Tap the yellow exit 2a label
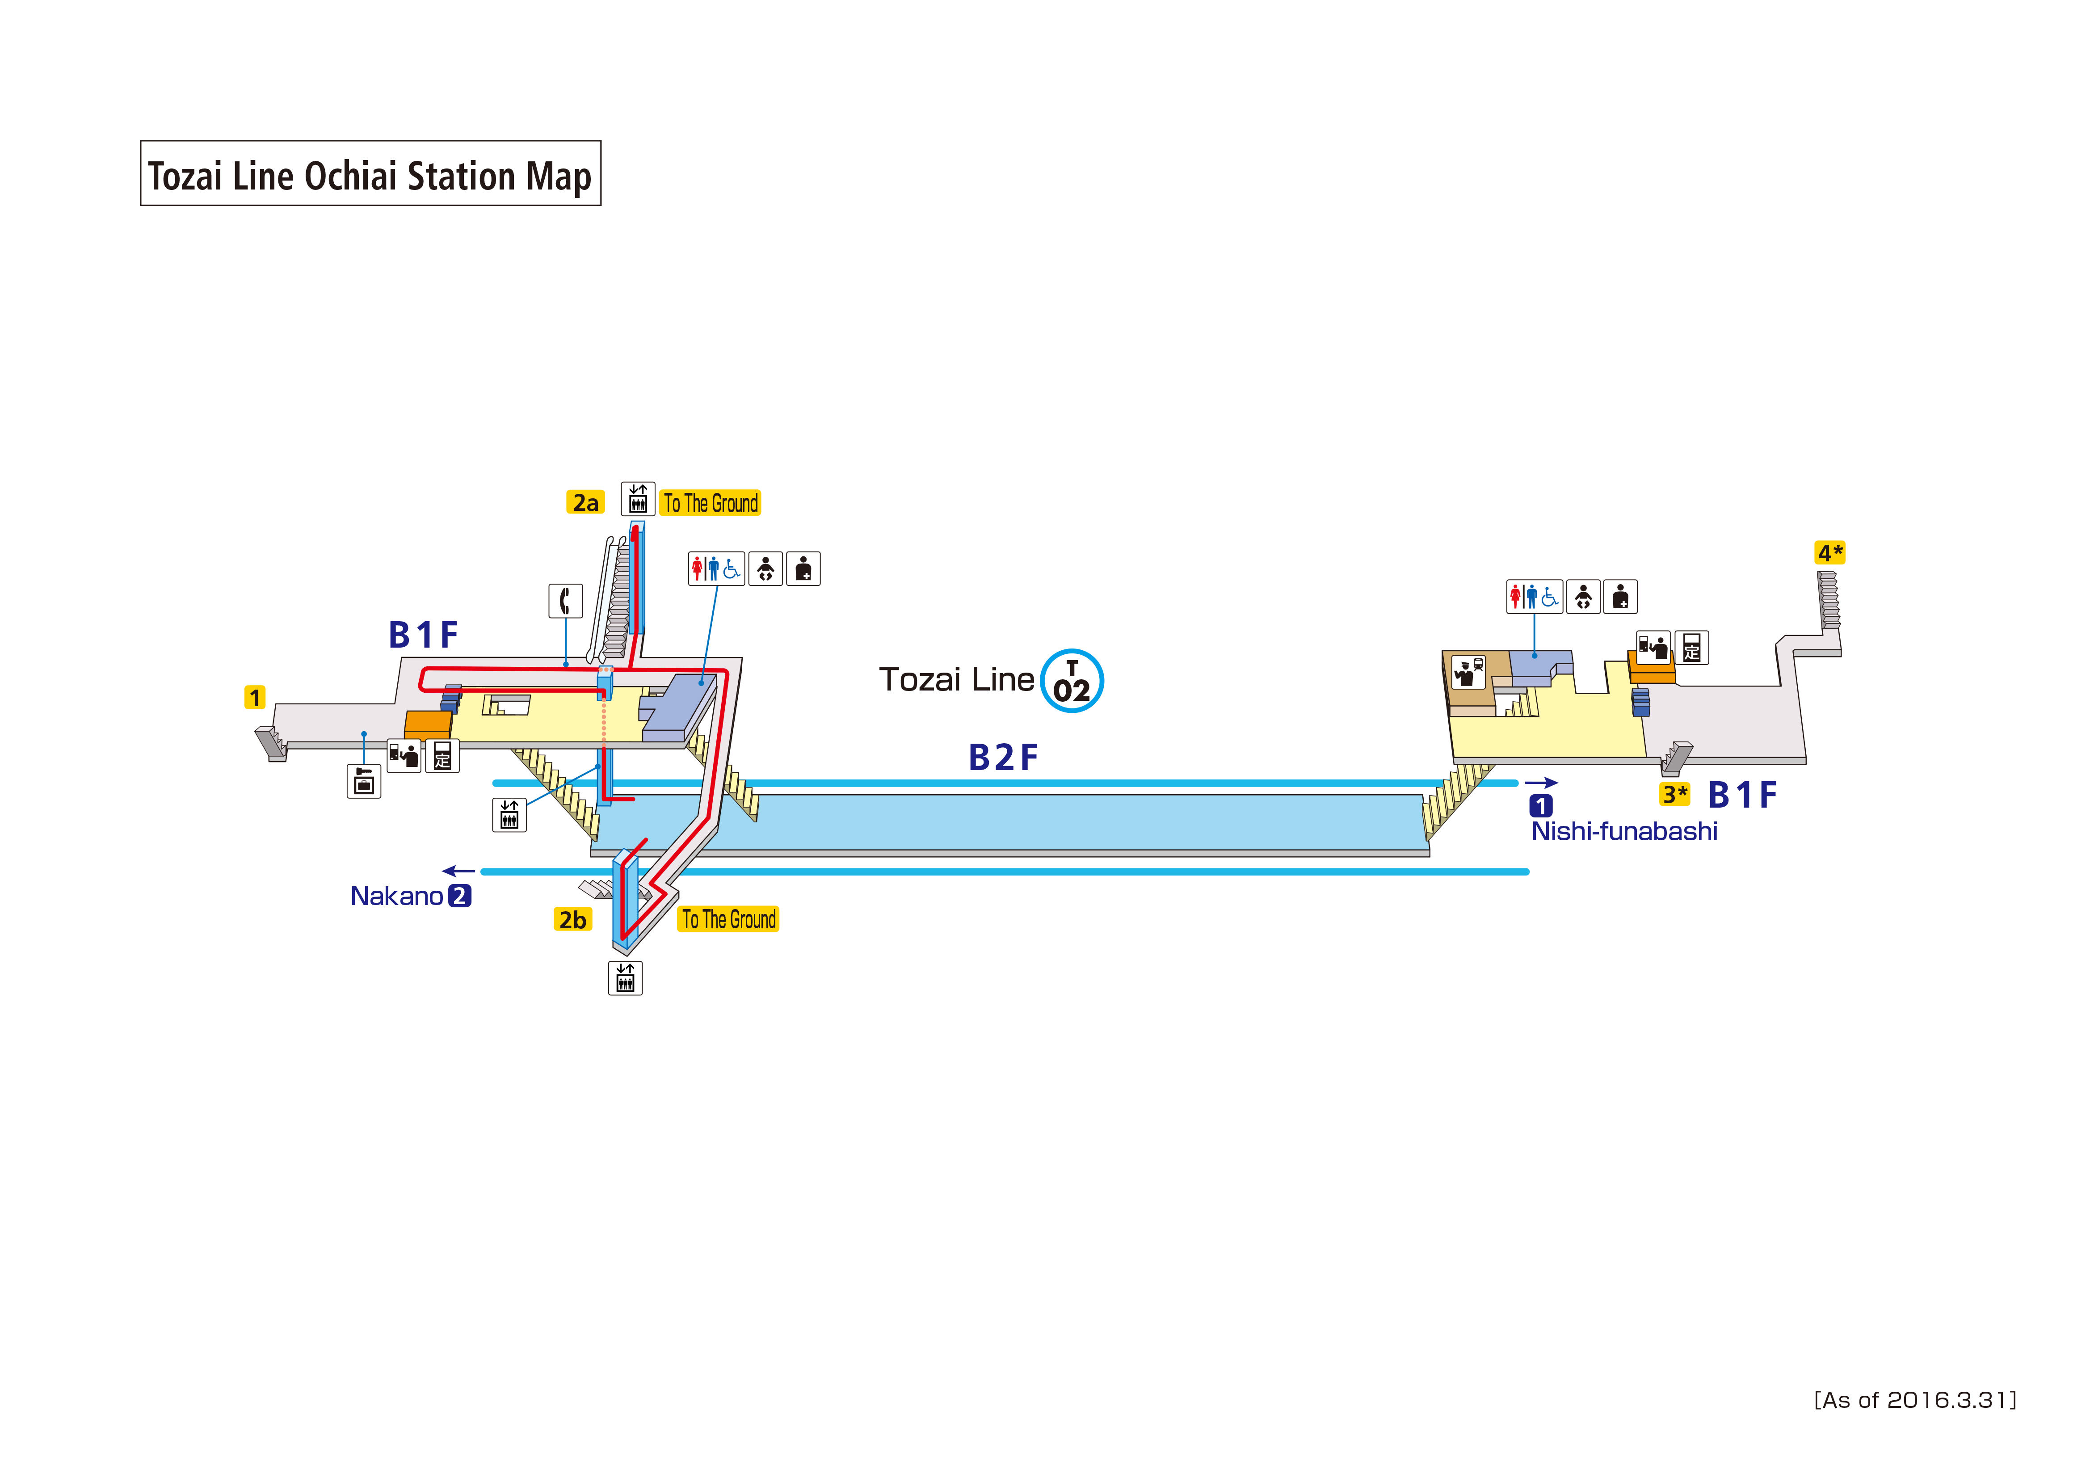585,502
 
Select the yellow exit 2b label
572,920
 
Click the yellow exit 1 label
255,698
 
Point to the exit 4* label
1829,553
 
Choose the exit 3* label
1675,794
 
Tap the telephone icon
565,601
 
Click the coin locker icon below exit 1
364,781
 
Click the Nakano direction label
397,896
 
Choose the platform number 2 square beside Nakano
460,896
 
